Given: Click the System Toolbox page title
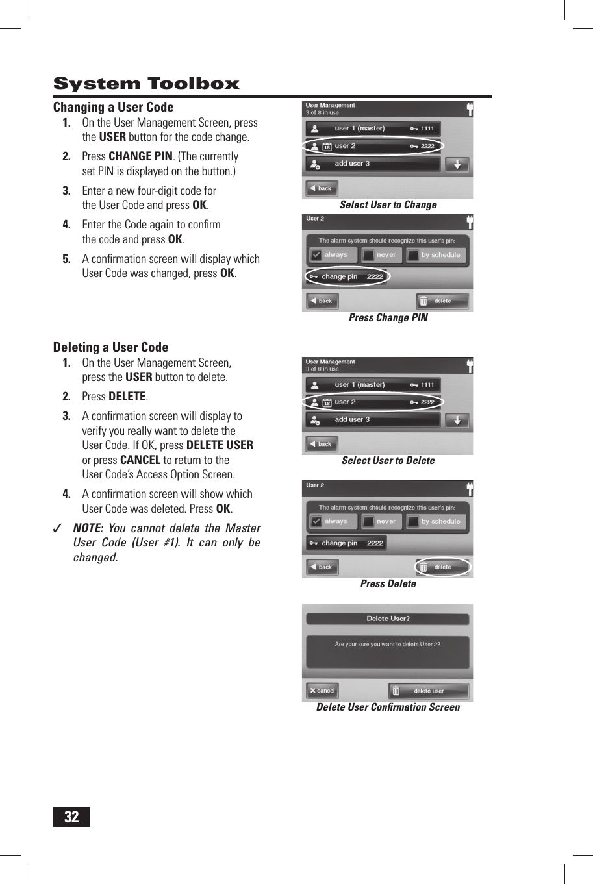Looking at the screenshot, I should pyautogui.click(x=146, y=84).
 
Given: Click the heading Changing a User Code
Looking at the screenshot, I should pyautogui.click(x=113, y=107).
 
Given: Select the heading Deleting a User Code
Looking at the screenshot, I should pyautogui.click(x=110, y=347).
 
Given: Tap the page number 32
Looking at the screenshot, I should pyautogui.click(x=71, y=816).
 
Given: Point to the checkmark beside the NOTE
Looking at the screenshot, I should pyautogui.click(x=58, y=528).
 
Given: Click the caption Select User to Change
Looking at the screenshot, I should pyautogui.click(x=388, y=205).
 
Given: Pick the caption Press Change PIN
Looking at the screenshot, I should pyautogui.click(x=388, y=318).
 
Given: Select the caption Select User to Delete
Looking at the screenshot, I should pyautogui.click(x=388, y=461).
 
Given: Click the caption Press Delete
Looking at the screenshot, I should pyautogui.click(x=388, y=584).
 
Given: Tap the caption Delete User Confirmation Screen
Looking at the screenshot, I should pyautogui.click(x=388, y=707).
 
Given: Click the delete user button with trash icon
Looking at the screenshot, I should pyautogui.click(x=429, y=691).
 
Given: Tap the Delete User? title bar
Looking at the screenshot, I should pyautogui.click(x=388, y=619).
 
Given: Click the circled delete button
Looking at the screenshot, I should pyautogui.click(x=442, y=567).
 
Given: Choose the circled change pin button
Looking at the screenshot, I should pyautogui.click(x=346, y=276).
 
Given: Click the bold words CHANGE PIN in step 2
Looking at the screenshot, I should pyautogui.click(x=140, y=156).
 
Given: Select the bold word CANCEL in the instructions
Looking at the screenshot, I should pyautogui.click(x=140, y=460).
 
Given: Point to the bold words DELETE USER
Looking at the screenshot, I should pyautogui.click(x=220, y=445).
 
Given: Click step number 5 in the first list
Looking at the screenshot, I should pyautogui.click(x=66, y=259).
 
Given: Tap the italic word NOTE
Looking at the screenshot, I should pyautogui.click(x=88, y=528).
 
